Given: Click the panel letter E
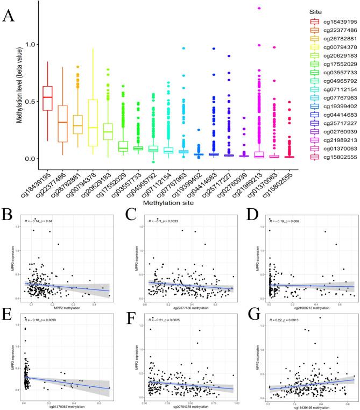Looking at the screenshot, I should pyautogui.click(x=8, y=312).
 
